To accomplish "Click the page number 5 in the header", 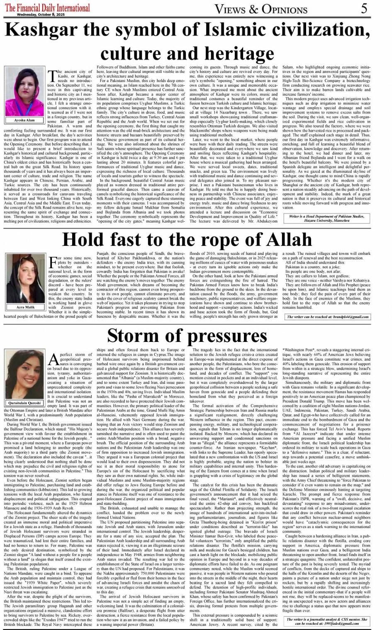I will point(364,8).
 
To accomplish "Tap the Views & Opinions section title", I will point(261,9).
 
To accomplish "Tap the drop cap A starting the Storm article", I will point(53,359).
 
